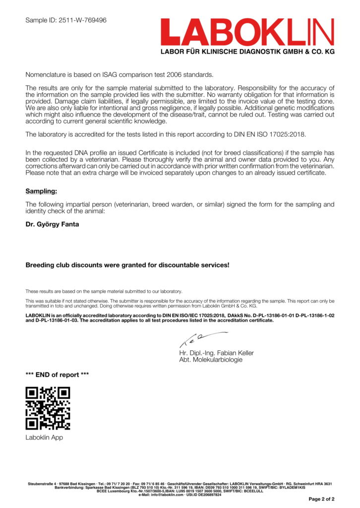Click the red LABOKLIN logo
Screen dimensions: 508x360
click(x=247, y=32)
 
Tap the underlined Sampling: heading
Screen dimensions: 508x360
click(x=41, y=191)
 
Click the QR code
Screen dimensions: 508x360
click(x=48, y=408)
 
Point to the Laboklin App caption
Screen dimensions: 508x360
click(x=44, y=438)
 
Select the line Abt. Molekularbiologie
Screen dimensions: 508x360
click(x=211, y=360)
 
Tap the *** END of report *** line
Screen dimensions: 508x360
click(x=57, y=375)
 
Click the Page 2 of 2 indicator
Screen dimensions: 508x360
click(x=321, y=499)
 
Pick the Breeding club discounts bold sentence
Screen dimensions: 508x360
click(x=127, y=265)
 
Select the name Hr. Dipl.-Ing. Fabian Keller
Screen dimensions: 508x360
click(x=216, y=353)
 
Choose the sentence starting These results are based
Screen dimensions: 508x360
click(x=104, y=291)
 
